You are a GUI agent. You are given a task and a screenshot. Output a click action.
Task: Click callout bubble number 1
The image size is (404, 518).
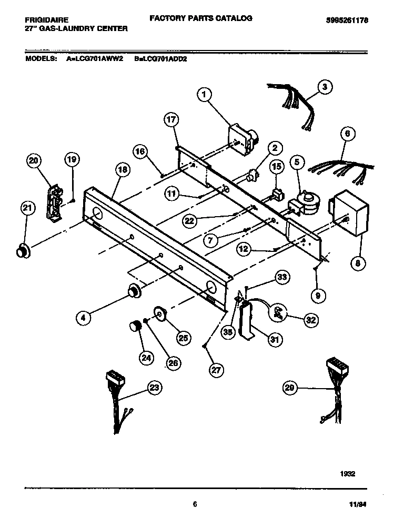point(204,95)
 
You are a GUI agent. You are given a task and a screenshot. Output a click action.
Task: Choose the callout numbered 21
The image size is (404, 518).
point(27,209)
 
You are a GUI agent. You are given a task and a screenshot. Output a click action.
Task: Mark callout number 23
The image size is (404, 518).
point(154,388)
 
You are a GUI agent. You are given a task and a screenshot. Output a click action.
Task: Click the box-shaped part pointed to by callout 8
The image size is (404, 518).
point(348,214)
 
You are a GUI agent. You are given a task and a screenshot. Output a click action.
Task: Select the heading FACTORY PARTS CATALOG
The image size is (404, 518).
point(201,18)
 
